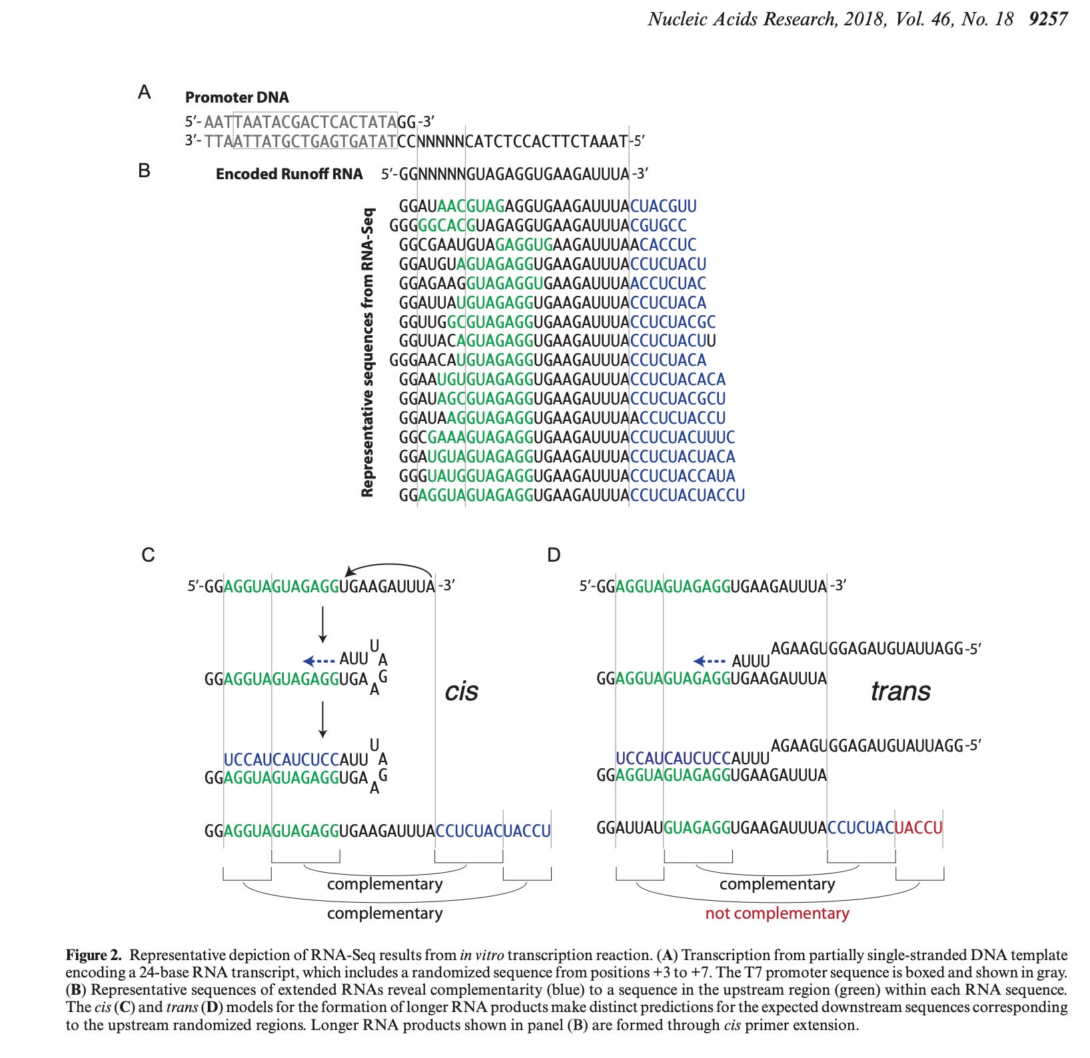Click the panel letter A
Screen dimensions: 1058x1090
(x=145, y=92)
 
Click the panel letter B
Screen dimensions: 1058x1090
(x=144, y=171)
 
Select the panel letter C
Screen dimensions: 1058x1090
(x=148, y=555)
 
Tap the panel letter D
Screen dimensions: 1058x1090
(x=554, y=555)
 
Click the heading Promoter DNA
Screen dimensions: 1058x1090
(x=237, y=97)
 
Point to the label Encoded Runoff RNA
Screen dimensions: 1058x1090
(x=289, y=175)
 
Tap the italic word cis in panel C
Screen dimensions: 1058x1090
(x=461, y=691)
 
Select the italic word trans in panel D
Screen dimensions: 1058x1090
(x=900, y=691)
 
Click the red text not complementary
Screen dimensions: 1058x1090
(x=777, y=913)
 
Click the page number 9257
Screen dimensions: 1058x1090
(x=1048, y=19)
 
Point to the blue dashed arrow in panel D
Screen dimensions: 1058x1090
(x=710, y=661)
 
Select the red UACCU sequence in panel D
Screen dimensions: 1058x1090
(x=919, y=828)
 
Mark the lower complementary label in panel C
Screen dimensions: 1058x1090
(x=384, y=913)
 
